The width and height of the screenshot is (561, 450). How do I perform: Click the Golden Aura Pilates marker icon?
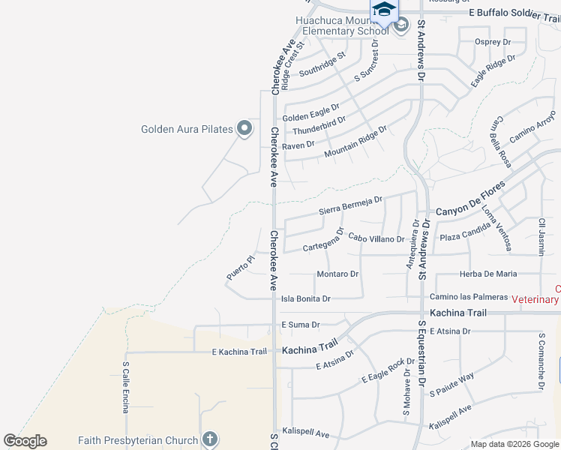tap(244, 129)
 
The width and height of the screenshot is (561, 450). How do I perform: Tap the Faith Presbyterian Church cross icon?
tap(209, 440)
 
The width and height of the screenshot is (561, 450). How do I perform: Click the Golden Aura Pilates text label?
tap(187, 129)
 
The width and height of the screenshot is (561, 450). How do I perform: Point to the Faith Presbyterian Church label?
tap(138, 440)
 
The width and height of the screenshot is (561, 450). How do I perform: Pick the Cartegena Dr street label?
tap(323, 240)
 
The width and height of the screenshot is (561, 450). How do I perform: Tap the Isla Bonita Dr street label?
tap(305, 298)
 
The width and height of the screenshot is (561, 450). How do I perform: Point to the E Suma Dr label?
tap(300, 325)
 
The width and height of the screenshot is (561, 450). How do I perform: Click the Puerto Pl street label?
tap(241, 268)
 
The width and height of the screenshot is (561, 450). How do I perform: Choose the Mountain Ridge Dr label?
tap(355, 142)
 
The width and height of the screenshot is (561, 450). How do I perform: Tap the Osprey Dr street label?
tap(493, 42)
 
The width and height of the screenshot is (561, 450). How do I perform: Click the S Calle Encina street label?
tap(126, 387)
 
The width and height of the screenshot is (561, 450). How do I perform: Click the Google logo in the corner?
tap(25, 441)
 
